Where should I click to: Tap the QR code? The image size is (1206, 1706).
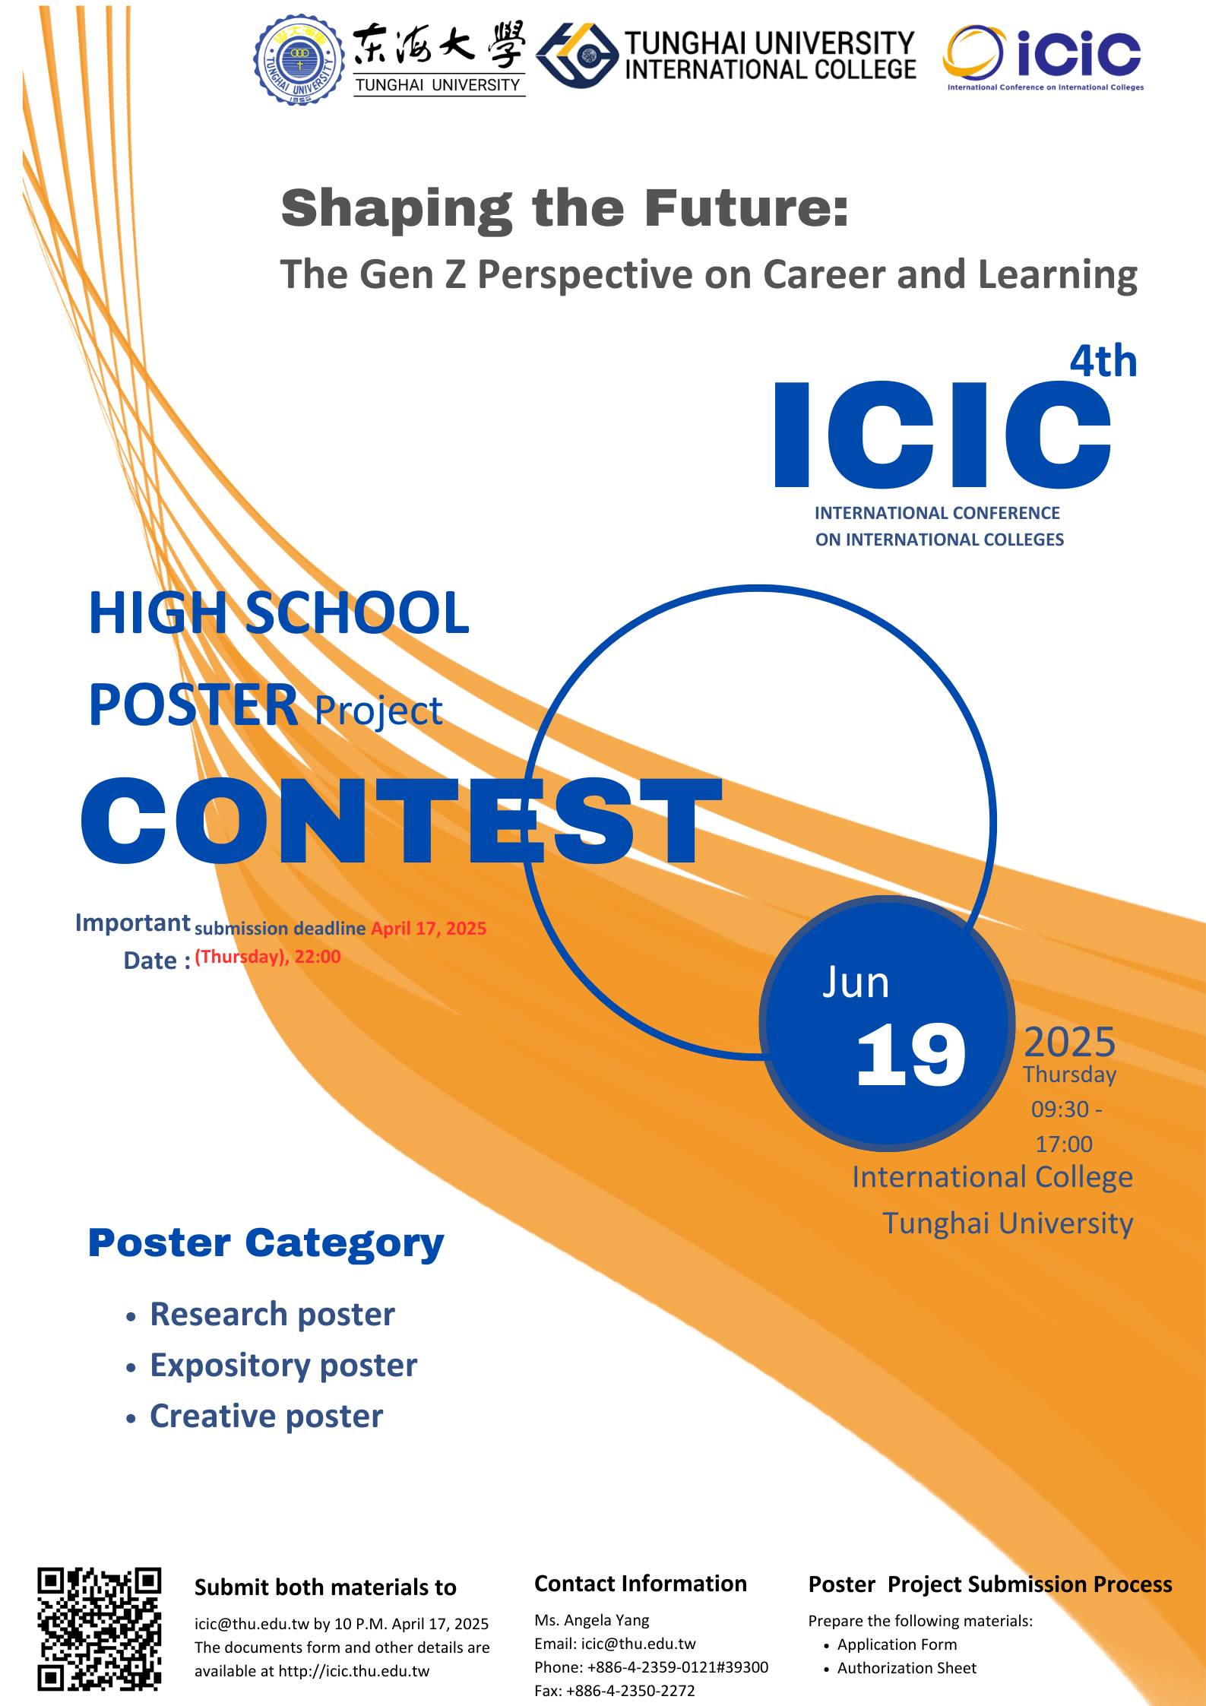click(100, 1628)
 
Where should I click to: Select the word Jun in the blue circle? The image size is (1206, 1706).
click(856, 983)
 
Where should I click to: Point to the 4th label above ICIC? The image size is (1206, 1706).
click(1103, 361)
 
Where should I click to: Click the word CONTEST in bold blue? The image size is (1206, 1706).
click(401, 821)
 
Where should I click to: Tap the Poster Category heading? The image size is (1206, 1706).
click(266, 1244)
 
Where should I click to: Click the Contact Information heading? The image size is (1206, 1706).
click(641, 1584)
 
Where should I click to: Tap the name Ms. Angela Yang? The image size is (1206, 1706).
click(592, 1620)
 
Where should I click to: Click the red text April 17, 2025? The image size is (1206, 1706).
click(429, 929)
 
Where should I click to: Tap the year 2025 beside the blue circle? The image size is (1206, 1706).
click(1070, 1042)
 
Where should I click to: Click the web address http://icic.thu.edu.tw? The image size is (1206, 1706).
click(354, 1671)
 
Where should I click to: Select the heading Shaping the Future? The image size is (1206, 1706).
click(565, 208)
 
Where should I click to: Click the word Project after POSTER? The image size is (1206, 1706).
click(378, 712)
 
